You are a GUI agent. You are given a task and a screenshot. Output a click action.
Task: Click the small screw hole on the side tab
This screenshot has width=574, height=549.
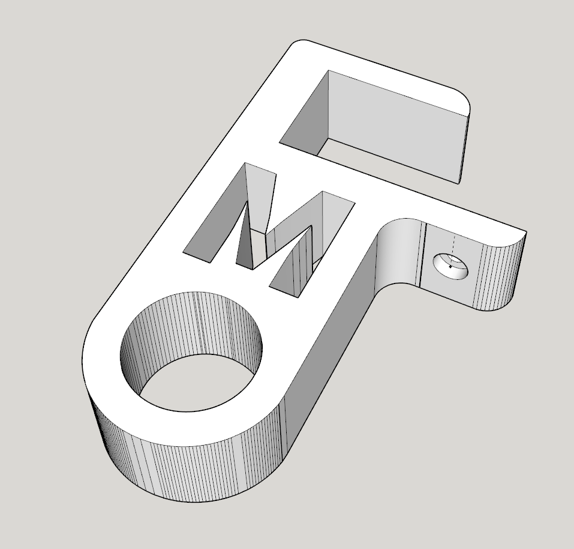point(451,265)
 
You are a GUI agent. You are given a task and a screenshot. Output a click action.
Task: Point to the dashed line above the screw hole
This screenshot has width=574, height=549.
point(454,246)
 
